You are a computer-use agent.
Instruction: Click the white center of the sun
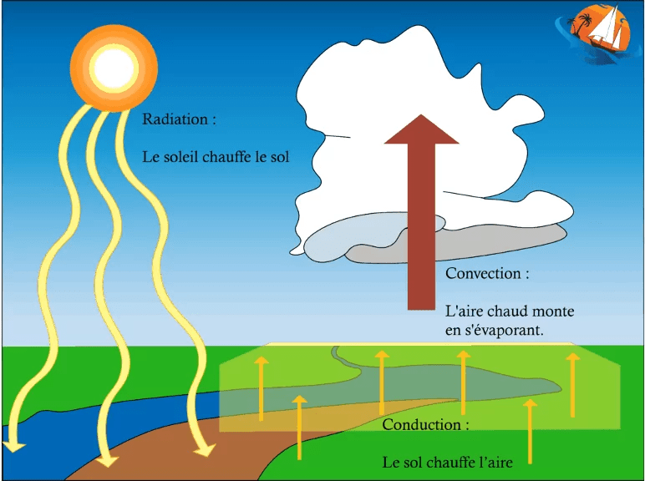pyautogui.click(x=114, y=68)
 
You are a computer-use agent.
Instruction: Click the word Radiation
pyautogui.click(x=175, y=119)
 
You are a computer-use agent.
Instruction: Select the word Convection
pyautogui.click(x=483, y=273)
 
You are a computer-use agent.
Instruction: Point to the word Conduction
pyautogui.click(x=422, y=425)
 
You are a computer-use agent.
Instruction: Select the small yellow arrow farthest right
pyautogui.click(x=572, y=385)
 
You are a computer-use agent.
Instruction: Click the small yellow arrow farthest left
pyautogui.click(x=262, y=389)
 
